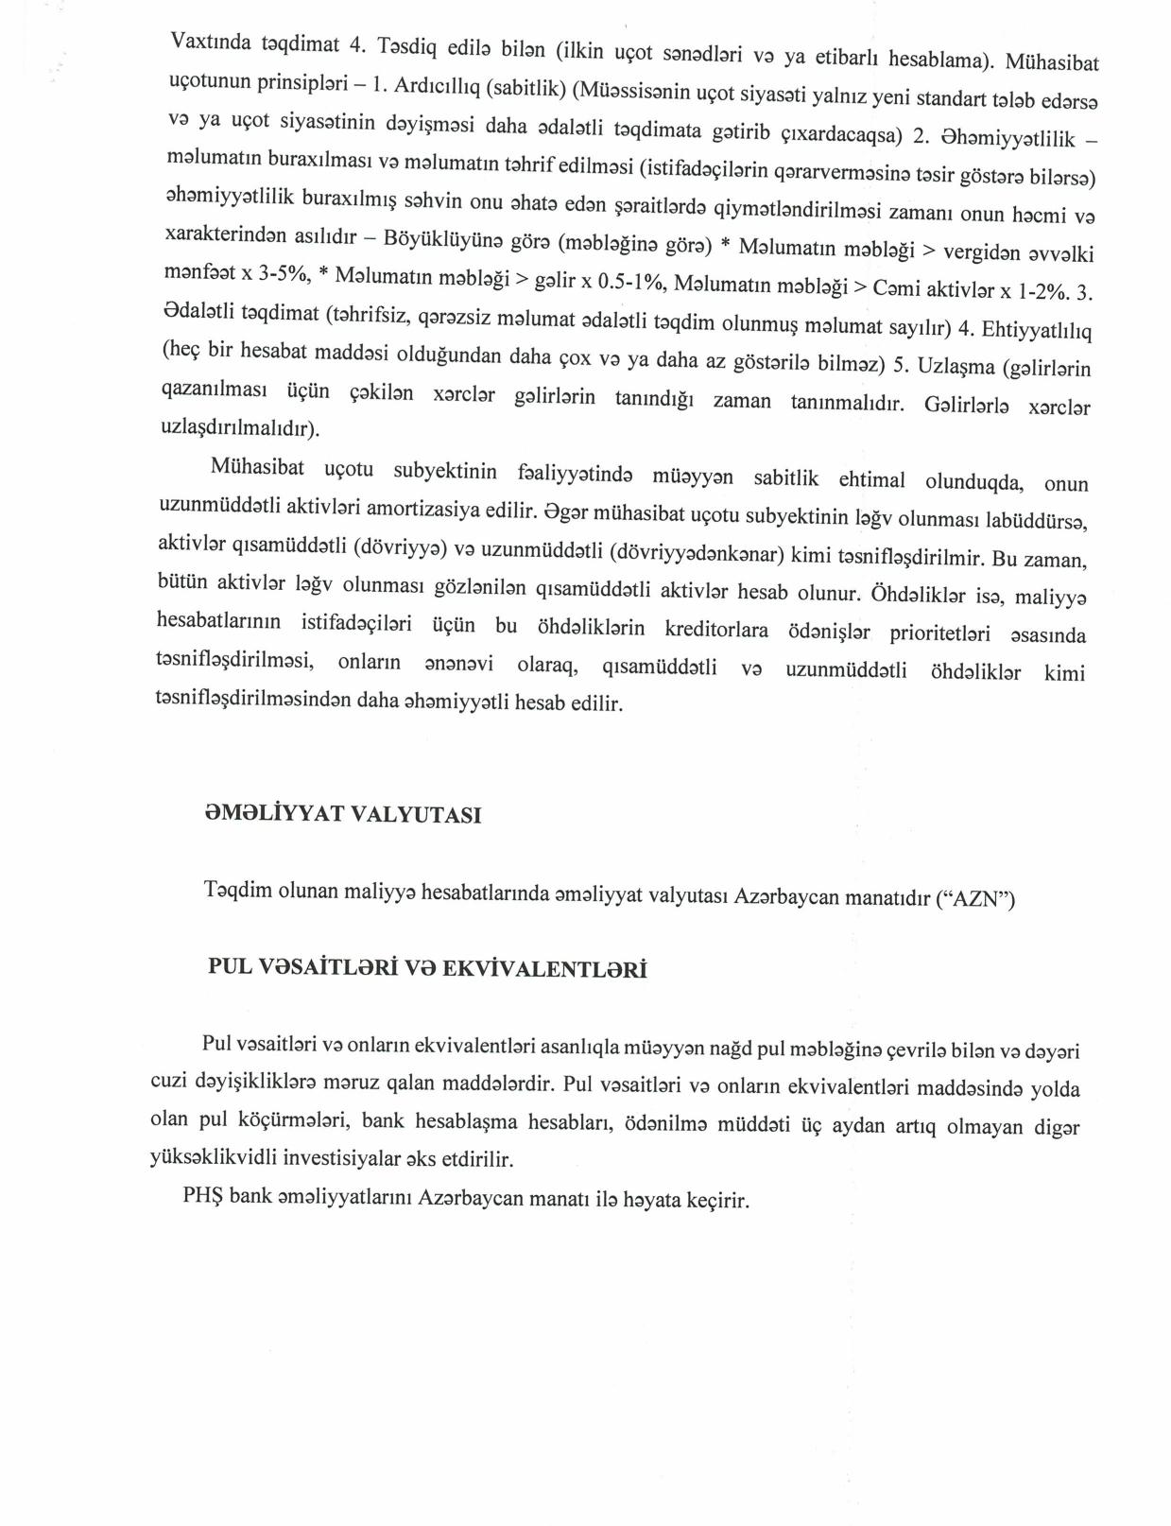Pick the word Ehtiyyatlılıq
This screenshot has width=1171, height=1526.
pyautogui.click(x=1037, y=330)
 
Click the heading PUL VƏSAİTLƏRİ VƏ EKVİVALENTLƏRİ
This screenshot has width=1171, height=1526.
pyautogui.click(x=427, y=969)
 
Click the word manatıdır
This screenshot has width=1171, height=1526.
pyautogui.click(x=883, y=897)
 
